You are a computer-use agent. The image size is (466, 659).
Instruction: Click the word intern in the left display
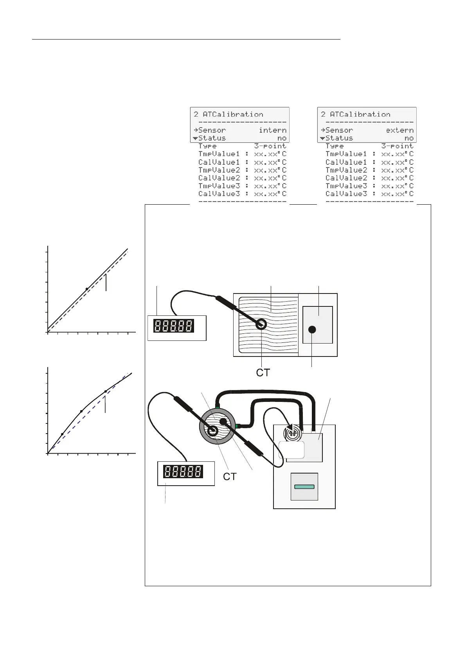coord(273,130)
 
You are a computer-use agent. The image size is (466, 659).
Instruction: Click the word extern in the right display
coord(399,130)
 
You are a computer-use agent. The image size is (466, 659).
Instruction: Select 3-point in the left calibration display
coord(270,146)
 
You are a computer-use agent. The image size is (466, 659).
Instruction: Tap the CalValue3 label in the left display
coord(219,194)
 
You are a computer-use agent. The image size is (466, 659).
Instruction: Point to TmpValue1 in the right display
coord(346,154)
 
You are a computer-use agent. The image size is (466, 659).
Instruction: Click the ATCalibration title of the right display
coord(360,114)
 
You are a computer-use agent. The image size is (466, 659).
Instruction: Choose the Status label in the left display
coord(212,138)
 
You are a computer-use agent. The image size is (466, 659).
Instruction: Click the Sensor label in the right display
coord(339,130)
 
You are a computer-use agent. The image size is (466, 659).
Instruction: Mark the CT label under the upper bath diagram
coord(263,373)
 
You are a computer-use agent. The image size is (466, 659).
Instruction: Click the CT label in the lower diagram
coord(230,476)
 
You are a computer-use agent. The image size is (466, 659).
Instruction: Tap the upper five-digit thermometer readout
coord(174,326)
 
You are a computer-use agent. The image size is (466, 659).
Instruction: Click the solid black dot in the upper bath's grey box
coord(312,329)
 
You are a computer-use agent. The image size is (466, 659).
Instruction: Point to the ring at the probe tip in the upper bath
coord(261,324)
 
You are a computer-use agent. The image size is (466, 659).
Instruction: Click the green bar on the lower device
coord(304,486)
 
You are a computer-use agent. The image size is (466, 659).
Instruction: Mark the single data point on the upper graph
coord(87,289)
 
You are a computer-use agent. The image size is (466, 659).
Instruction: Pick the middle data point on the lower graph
coord(81,411)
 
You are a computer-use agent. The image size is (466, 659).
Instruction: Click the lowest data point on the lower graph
coord(62,434)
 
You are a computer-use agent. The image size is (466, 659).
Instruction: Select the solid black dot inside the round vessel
coord(223,421)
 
